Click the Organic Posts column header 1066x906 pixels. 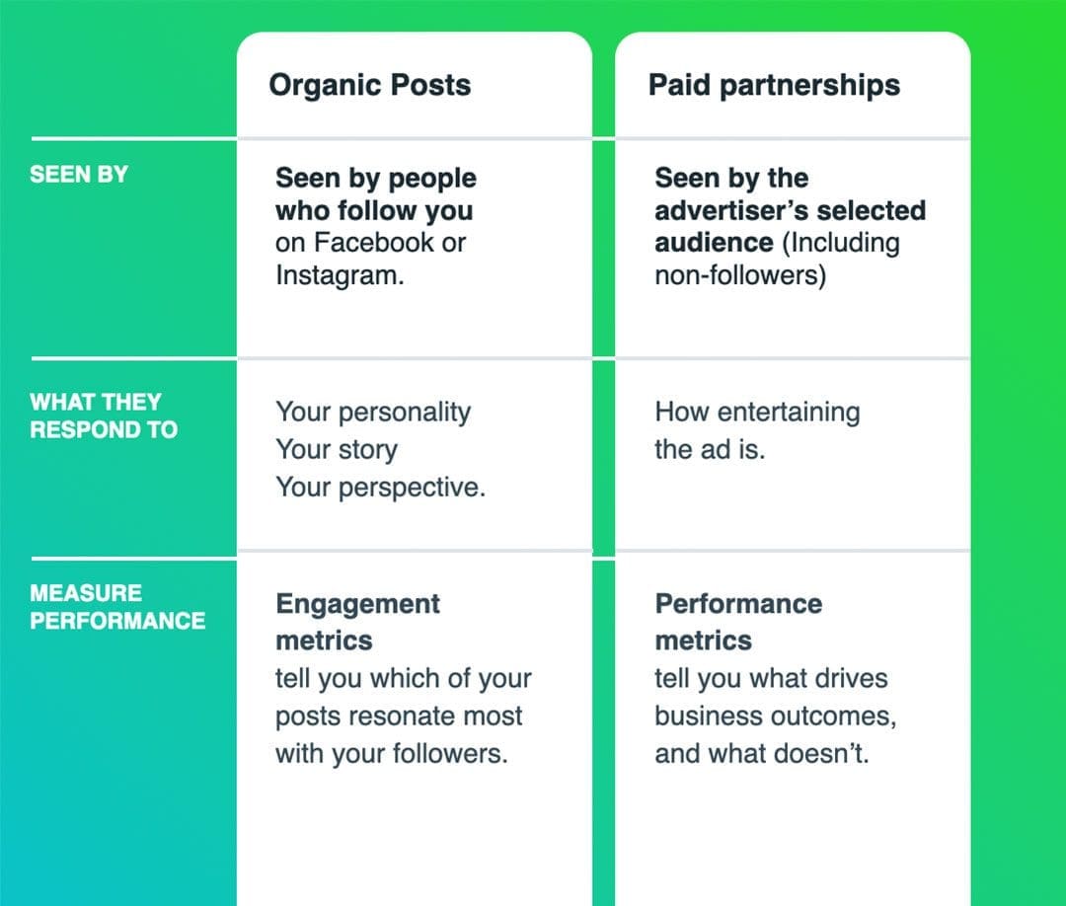[369, 85]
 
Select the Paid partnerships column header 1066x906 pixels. [774, 85]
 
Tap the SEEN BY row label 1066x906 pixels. [79, 175]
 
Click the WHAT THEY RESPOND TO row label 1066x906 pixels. [103, 415]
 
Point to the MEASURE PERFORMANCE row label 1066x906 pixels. [116, 607]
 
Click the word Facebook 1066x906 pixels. [372, 243]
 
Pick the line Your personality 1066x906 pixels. [372, 412]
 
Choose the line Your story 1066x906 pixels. [336, 449]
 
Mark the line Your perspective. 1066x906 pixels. [380, 488]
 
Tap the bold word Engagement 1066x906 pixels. [357, 604]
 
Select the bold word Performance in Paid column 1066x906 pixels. [737, 604]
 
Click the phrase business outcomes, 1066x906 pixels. [775, 717]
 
